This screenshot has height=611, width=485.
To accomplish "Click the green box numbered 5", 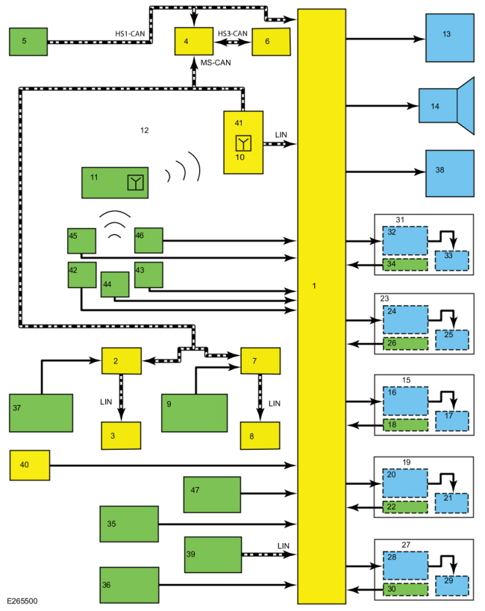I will click(28, 41).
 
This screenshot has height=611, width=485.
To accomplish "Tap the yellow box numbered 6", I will click(271, 42).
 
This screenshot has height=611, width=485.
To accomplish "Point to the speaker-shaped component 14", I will click(446, 105).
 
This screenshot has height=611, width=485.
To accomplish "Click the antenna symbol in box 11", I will click(135, 183).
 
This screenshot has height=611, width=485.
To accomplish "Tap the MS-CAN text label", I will click(216, 63).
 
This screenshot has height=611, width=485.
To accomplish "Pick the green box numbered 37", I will click(41, 413).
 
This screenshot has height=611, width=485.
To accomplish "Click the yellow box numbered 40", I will click(29, 466).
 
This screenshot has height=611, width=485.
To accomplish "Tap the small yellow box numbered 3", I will click(121, 435).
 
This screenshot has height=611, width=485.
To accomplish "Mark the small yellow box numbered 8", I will click(259, 435).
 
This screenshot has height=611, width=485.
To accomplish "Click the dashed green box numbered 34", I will click(404, 265).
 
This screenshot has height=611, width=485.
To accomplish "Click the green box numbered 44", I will click(115, 284).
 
